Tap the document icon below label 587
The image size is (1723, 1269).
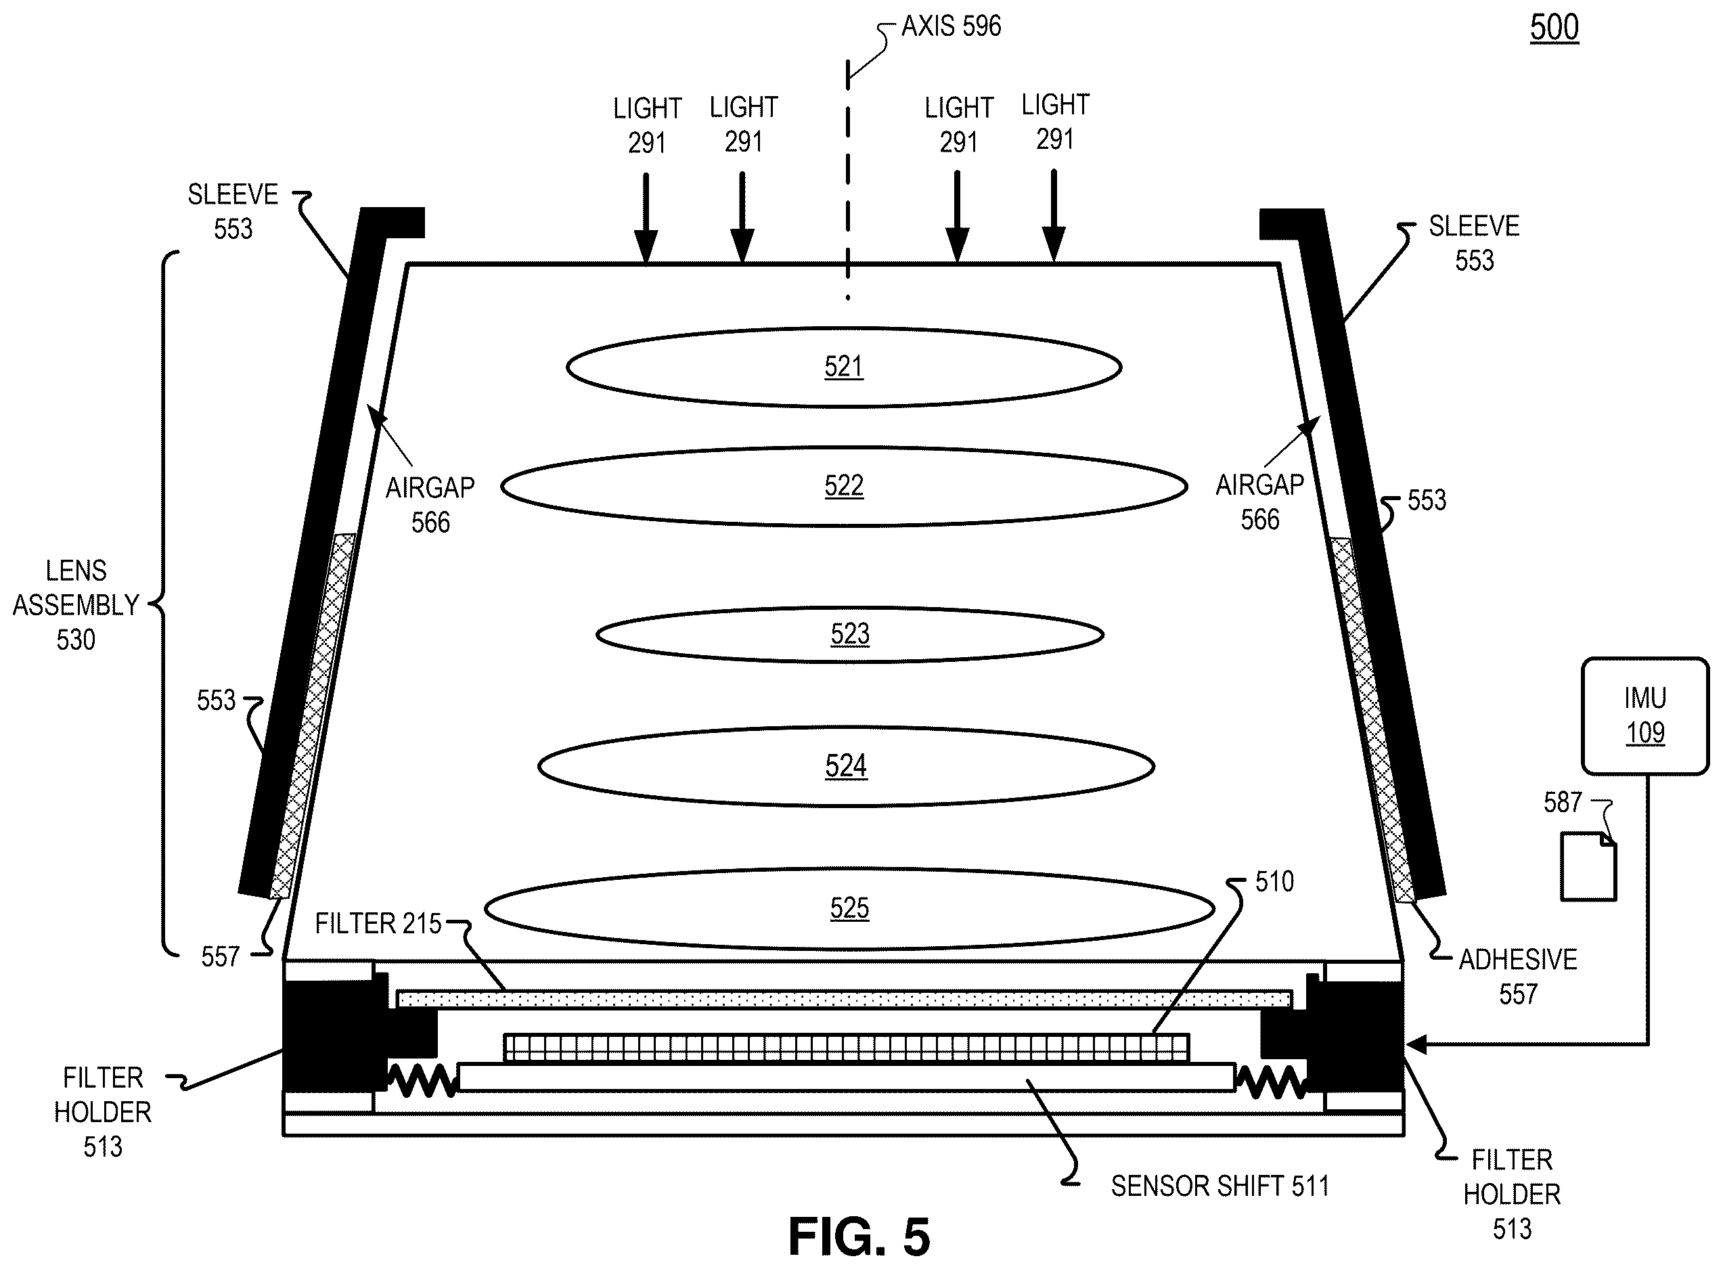click(1588, 866)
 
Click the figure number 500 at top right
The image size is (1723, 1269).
click(1554, 28)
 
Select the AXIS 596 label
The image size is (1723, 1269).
click(951, 26)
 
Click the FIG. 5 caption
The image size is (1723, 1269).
click(859, 1237)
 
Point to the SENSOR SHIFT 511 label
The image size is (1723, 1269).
click(1220, 1186)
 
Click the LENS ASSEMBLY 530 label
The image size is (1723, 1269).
click(76, 605)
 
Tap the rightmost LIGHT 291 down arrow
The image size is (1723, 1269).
click(1054, 216)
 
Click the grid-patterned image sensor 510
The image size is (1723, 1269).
click(847, 1048)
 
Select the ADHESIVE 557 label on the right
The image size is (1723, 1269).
click(1518, 977)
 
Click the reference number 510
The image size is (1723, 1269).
click(1274, 881)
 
